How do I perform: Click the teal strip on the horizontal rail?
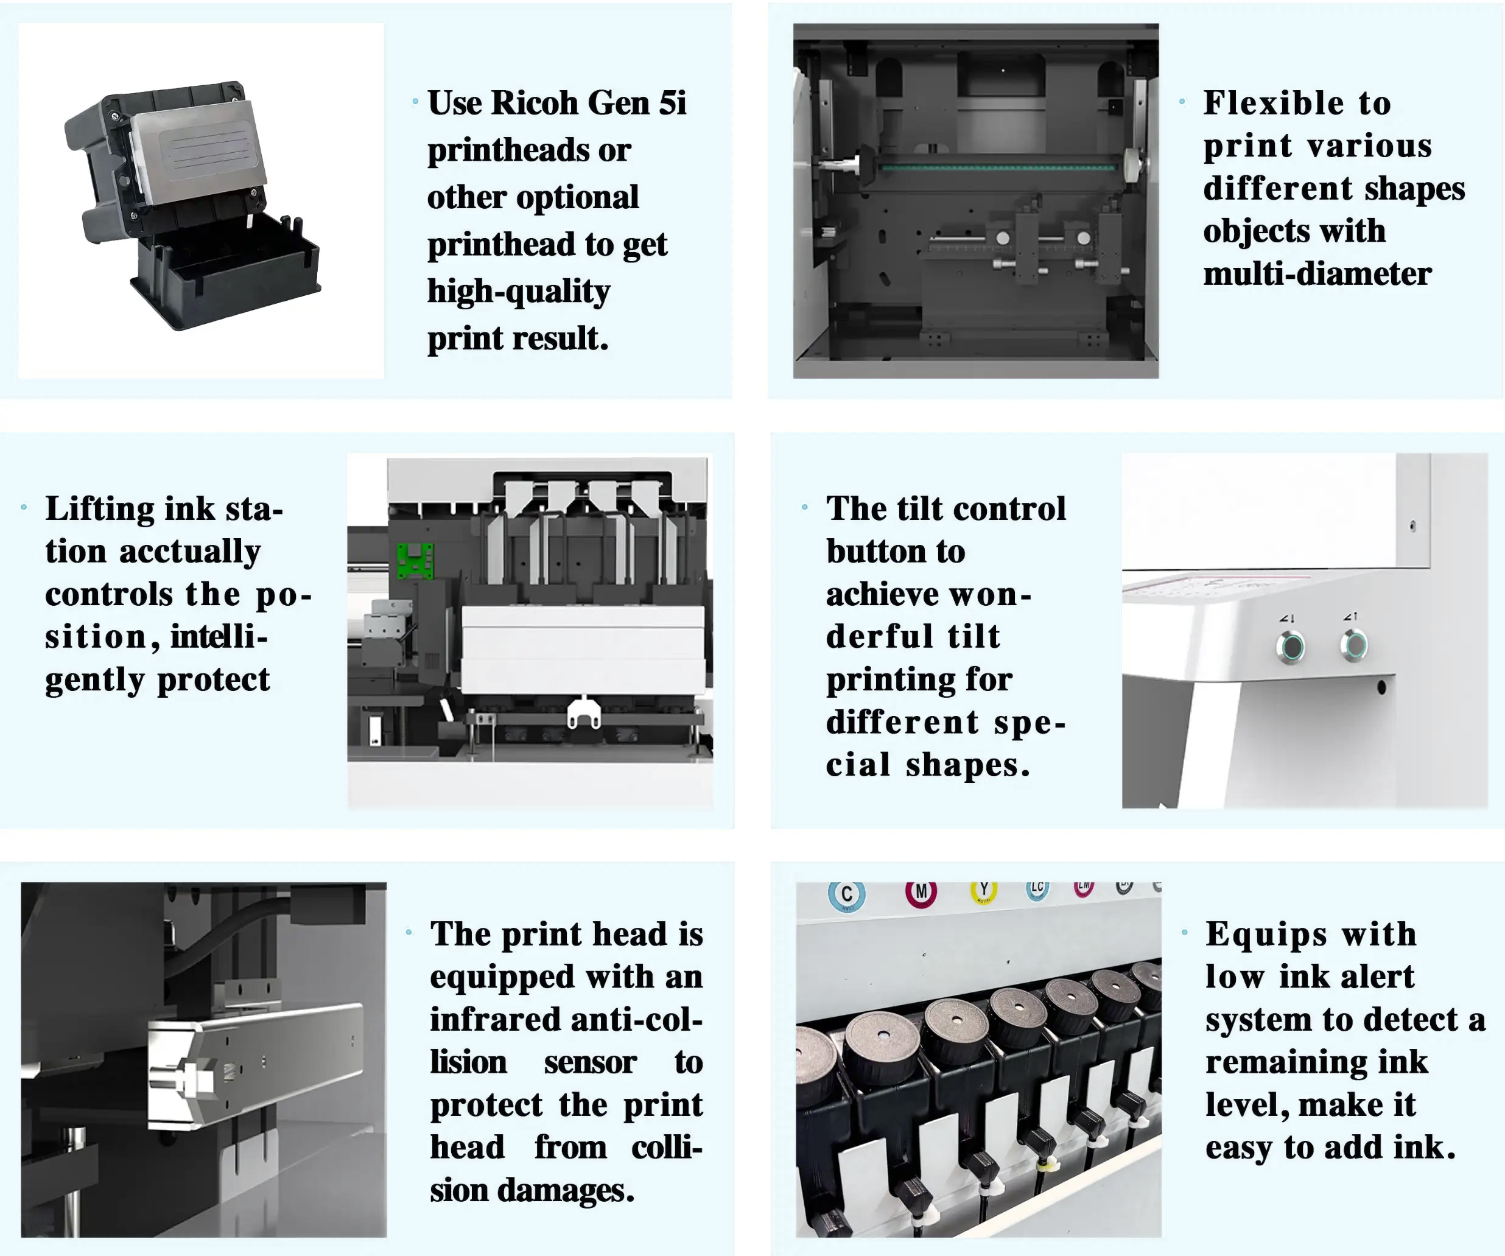click(998, 167)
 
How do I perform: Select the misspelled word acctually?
click(189, 552)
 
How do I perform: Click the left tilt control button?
click(1291, 647)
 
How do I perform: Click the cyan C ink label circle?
click(847, 894)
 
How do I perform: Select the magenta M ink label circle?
click(921, 892)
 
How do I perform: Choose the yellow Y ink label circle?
click(984, 890)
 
